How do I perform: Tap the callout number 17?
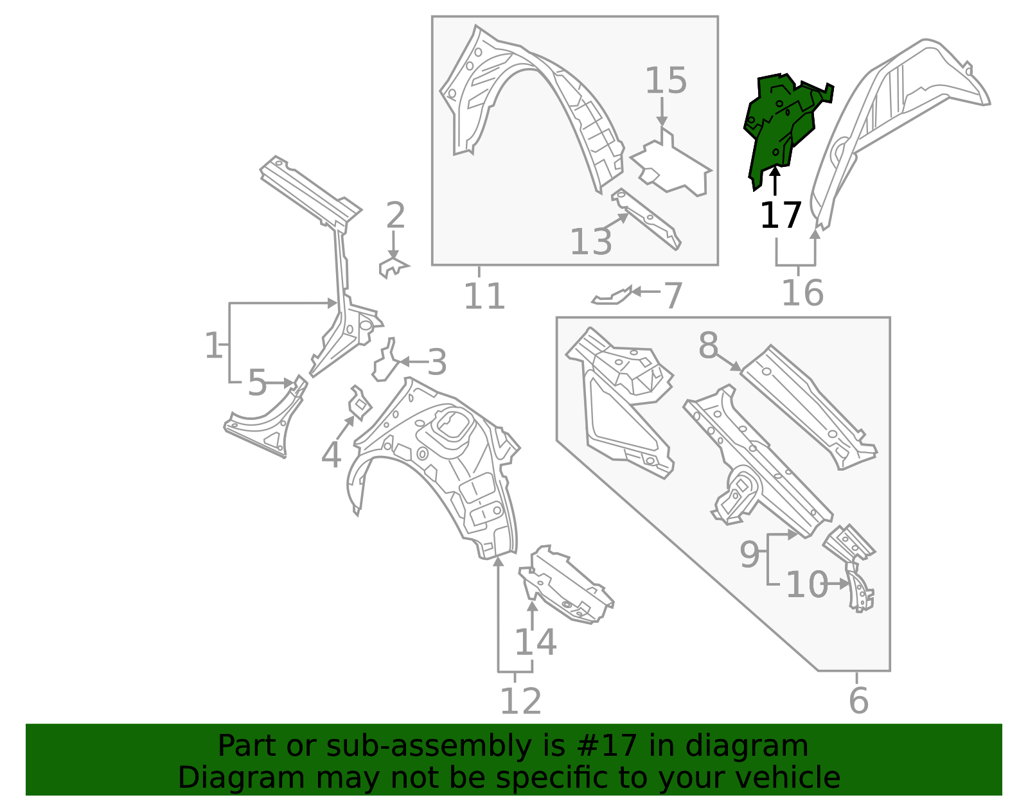[780, 215]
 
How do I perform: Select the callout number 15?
[666, 82]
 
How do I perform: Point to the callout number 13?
[590, 242]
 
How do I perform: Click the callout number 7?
[672, 295]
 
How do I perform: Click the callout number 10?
[806, 585]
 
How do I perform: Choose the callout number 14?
[535, 641]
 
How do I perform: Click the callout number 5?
[256, 383]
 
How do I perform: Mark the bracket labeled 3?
[385, 363]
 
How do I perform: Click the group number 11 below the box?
[484, 297]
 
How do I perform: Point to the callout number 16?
[802, 293]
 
